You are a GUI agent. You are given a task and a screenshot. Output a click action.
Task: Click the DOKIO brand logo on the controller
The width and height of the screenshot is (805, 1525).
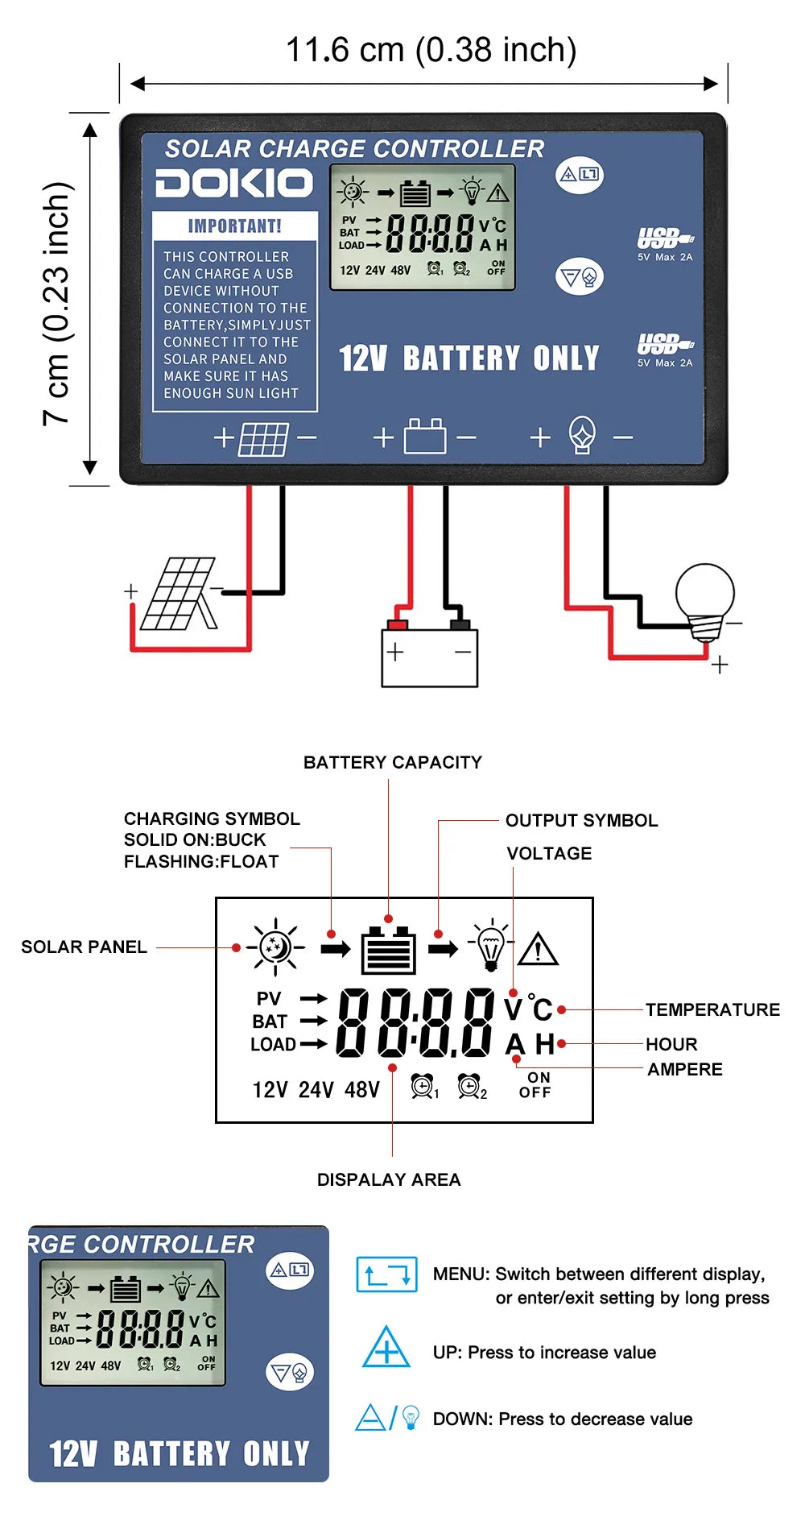click(233, 183)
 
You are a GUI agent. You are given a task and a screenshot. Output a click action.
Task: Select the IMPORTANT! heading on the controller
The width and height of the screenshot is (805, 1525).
click(235, 226)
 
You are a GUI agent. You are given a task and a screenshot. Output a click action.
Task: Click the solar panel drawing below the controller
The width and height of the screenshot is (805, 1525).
click(179, 595)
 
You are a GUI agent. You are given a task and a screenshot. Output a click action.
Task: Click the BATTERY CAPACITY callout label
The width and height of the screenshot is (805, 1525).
click(393, 762)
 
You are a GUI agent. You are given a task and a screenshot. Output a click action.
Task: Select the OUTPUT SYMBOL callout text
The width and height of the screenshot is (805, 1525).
click(581, 820)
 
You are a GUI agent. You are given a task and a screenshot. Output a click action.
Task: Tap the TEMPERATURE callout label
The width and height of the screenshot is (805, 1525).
click(712, 1009)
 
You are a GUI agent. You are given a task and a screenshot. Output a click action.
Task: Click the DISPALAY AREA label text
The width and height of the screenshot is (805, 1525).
click(389, 1179)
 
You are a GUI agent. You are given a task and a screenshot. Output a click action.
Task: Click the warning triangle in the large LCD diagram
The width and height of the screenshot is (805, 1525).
click(539, 950)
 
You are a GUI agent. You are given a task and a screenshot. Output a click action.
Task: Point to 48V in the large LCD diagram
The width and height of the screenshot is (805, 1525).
click(362, 1090)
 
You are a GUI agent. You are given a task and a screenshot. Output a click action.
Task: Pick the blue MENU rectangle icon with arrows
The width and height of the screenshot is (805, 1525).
click(387, 1274)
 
